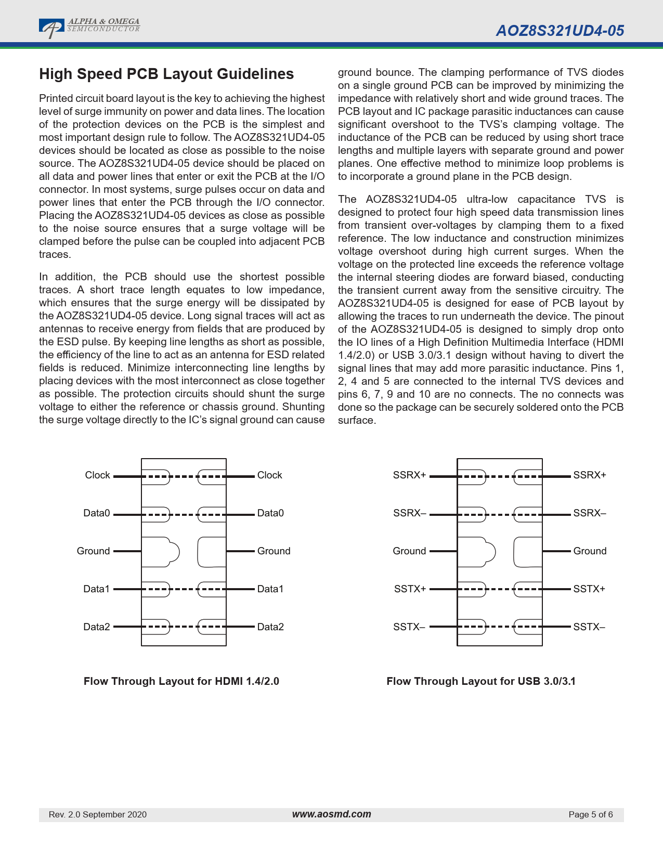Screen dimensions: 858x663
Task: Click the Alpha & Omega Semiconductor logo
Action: (89, 28)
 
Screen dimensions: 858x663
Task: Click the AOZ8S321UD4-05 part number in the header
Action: (560, 31)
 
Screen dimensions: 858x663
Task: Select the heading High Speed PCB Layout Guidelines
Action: (166, 74)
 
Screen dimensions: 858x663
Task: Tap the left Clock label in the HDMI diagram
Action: (97, 475)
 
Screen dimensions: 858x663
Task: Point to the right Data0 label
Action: (270, 513)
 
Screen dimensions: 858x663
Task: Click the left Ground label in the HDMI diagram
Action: (93, 551)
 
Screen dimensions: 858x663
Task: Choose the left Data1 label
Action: (97, 589)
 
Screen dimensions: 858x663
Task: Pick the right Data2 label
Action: (270, 627)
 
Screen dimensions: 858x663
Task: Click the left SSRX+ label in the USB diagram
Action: (409, 475)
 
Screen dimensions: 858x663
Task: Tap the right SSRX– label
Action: (590, 513)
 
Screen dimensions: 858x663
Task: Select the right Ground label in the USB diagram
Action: (590, 551)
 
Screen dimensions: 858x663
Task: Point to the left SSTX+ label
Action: (410, 589)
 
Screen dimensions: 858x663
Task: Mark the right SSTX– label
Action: (589, 627)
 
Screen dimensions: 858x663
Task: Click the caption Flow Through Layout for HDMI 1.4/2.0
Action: (181, 681)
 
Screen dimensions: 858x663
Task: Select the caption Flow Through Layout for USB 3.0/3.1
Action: (481, 681)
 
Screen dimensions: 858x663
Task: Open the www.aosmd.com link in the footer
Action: (331, 814)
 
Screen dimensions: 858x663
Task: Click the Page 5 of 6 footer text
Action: (591, 815)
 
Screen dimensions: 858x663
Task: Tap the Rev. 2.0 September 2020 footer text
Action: (98, 815)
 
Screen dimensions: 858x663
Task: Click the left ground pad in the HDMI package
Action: (159, 552)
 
